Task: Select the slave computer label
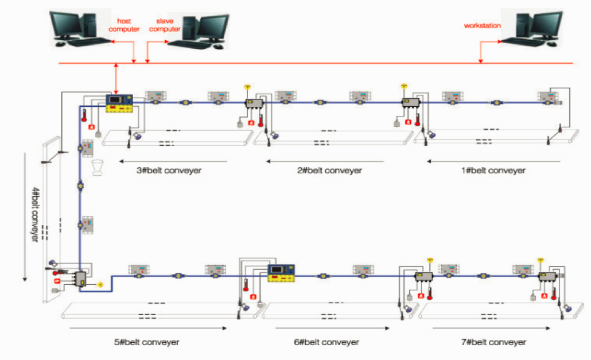[161, 25]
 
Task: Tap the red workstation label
[482, 26]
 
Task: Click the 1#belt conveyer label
[494, 171]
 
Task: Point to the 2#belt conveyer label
[330, 171]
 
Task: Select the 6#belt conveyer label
[326, 342]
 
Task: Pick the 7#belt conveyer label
[493, 342]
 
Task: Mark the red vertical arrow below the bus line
[116, 79]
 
